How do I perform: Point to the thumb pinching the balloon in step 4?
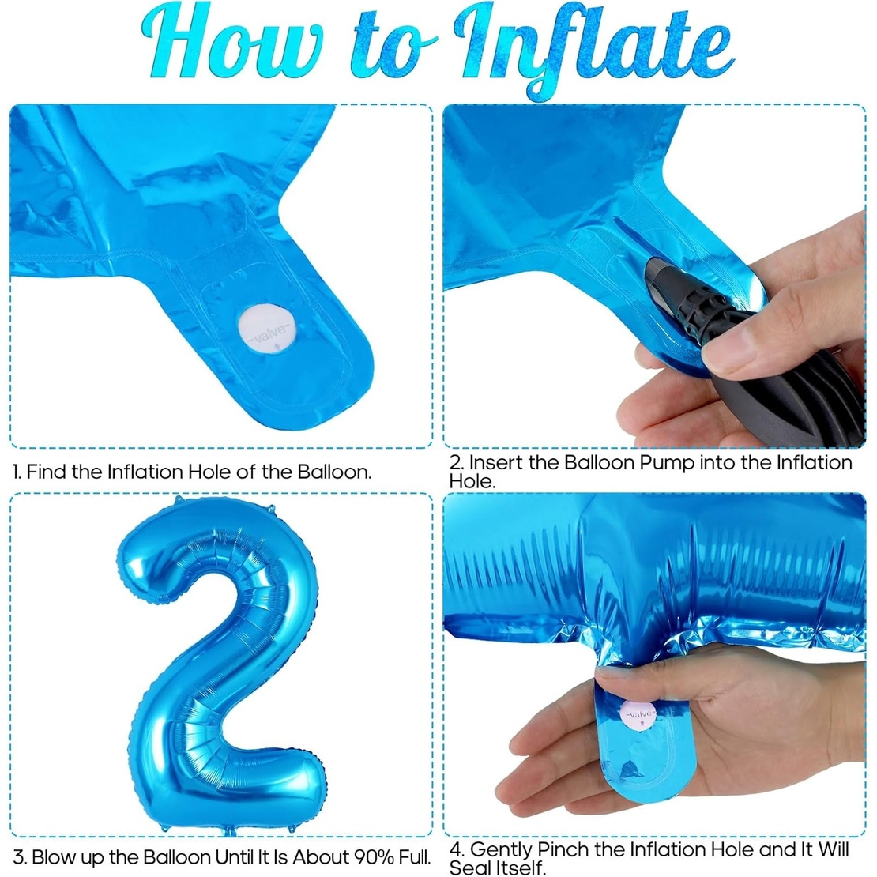(x=632, y=681)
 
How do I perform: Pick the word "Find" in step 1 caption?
(x=47, y=472)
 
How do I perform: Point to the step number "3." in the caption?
(x=20, y=856)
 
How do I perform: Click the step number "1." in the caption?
(x=17, y=472)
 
